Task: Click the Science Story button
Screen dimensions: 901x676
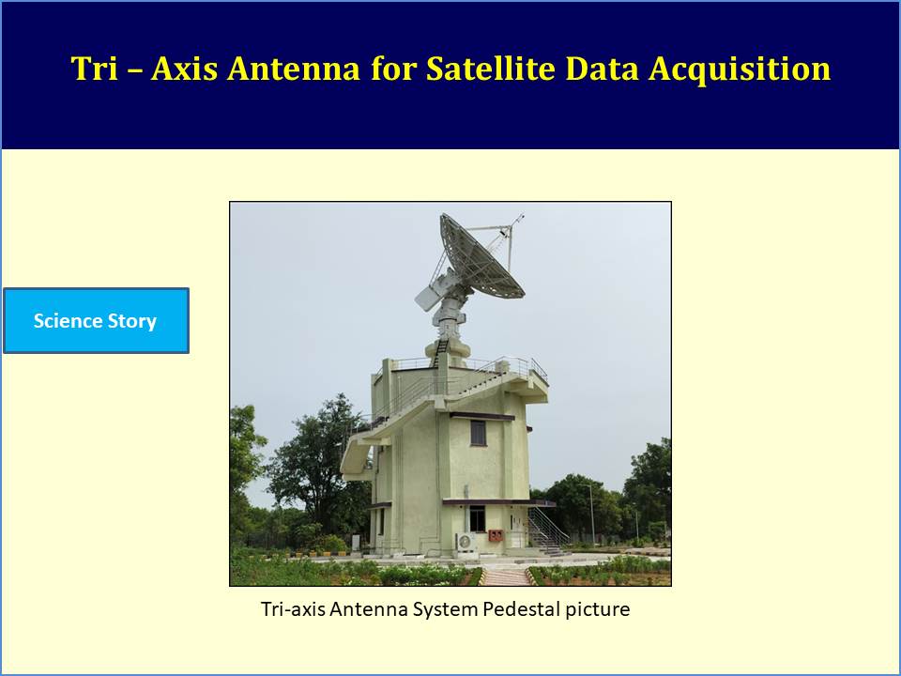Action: pyautogui.click(x=96, y=320)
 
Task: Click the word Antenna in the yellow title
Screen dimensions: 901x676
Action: pyautogui.click(x=293, y=69)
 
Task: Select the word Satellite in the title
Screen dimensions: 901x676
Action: pyautogui.click(x=490, y=69)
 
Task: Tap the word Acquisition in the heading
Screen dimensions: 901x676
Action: pyautogui.click(x=740, y=69)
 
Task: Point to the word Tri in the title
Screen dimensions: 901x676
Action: pyautogui.click(x=94, y=69)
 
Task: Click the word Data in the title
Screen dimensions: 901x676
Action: pyautogui.click(x=602, y=69)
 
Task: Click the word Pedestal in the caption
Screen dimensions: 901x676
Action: pyautogui.click(x=521, y=608)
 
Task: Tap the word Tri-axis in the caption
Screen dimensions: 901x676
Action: pyautogui.click(x=293, y=608)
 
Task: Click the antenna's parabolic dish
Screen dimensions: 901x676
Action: pyautogui.click(x=481, y=256)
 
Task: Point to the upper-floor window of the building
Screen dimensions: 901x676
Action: pyautogui.click(x=478, y=433)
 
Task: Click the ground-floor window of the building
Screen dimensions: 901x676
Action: pyautogui.click(x=478, y=518)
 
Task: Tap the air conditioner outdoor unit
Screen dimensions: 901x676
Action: pyautogui.click(x=466, y=542)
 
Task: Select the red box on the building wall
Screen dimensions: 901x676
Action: pyautogui.click(x=496, y=536)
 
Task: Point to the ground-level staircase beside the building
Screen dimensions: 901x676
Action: pyautogui.click(x=547, y=531)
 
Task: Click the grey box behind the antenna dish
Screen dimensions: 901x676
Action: pyautogui.click(x=428, y=297)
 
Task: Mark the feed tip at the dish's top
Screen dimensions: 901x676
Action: pyautogui.click(x=519, y=218)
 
